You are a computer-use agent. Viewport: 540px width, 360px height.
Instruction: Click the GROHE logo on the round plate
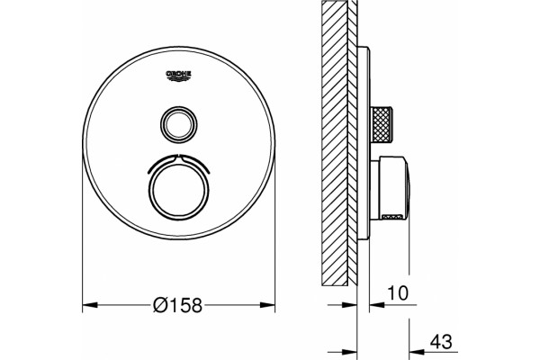179,76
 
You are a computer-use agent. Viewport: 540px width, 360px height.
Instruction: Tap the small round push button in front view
179,124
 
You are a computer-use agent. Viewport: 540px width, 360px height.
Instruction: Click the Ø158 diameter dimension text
177,305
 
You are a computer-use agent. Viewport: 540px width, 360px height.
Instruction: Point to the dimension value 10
398,293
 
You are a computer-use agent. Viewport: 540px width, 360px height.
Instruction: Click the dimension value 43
441,342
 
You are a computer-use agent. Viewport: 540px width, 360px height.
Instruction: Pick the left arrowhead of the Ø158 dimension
90,305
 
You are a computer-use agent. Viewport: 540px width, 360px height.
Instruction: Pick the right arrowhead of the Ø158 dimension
267,305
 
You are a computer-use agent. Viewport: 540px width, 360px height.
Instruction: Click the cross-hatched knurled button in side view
381,124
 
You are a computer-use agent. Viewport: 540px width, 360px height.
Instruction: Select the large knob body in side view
393,188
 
